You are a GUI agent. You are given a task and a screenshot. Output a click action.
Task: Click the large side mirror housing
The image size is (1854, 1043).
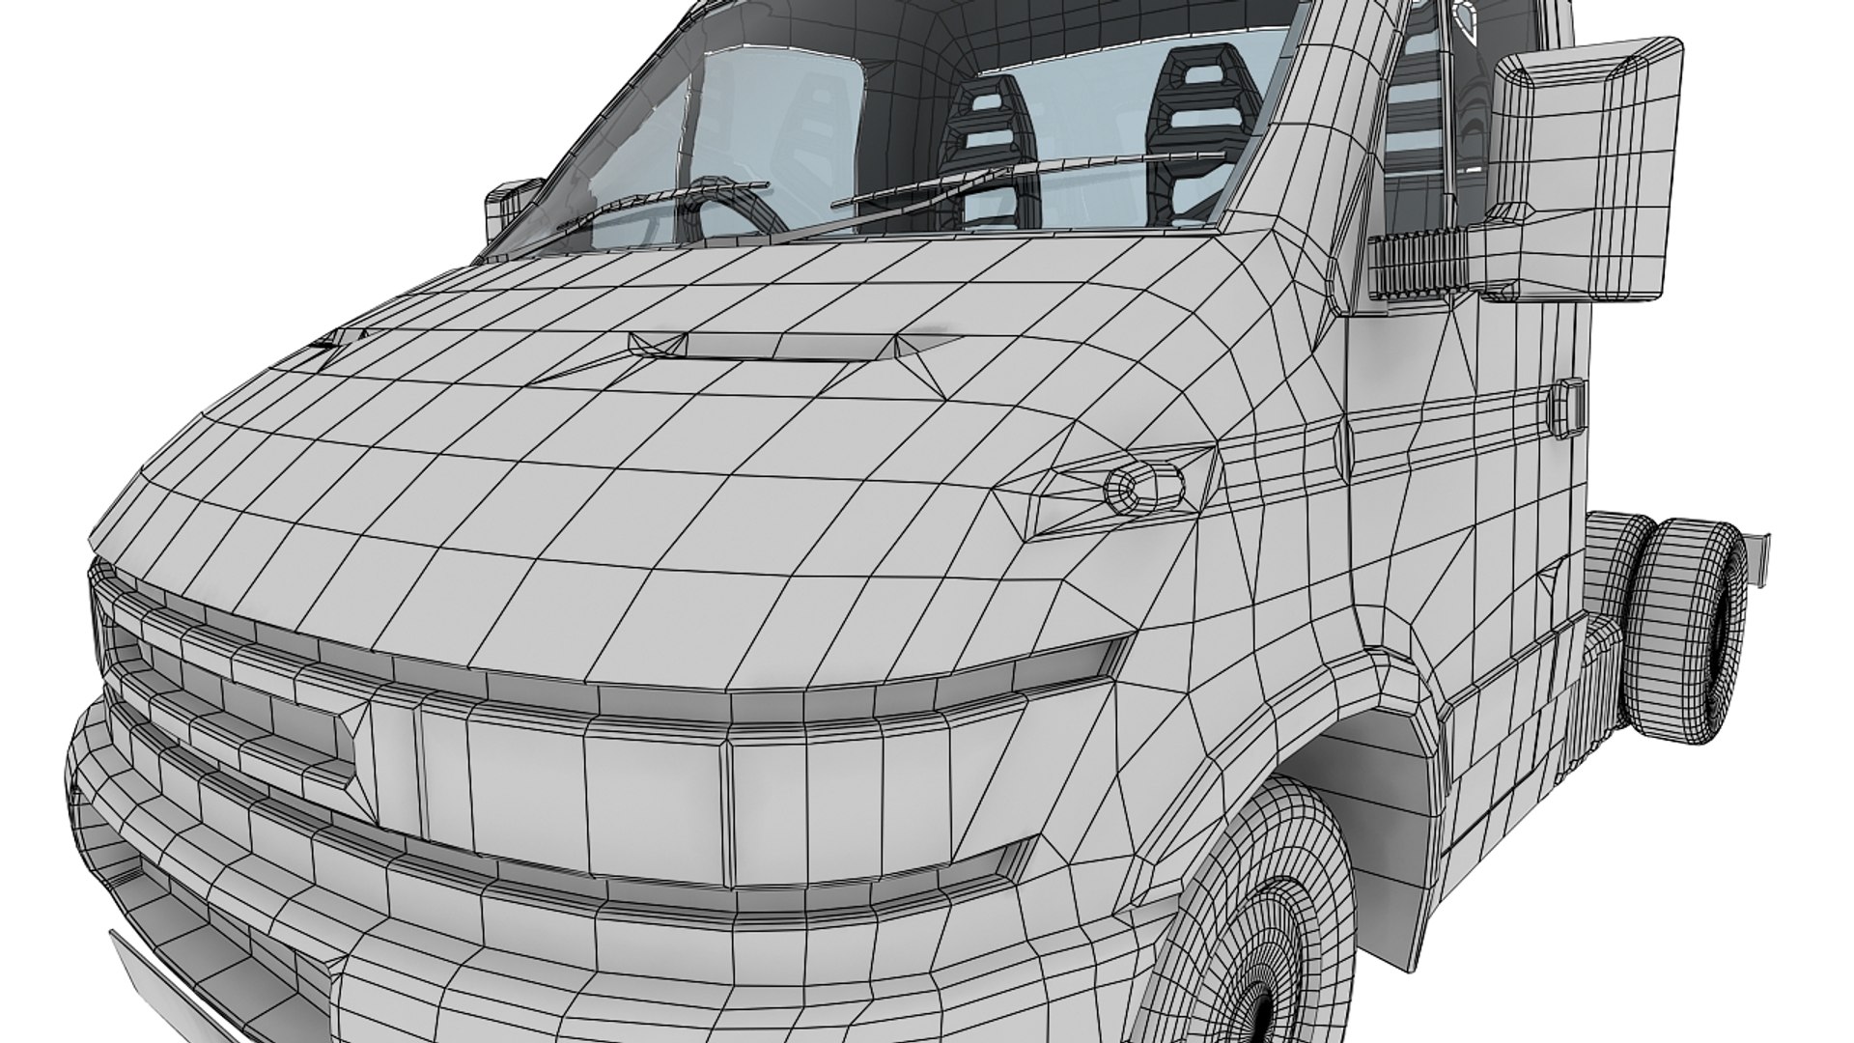pyautogui.click(x=1584, y=164)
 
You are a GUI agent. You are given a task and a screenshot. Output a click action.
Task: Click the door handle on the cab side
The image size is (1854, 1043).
pyautogui.click(x=1568, y=406)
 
